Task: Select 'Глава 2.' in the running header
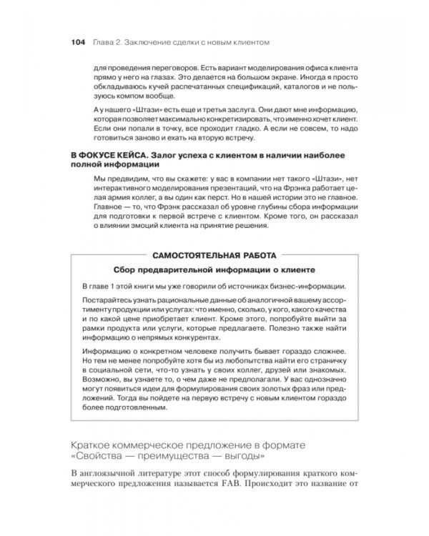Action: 107,41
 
